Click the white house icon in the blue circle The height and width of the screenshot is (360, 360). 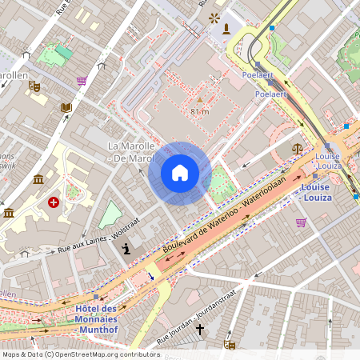click(180, 173)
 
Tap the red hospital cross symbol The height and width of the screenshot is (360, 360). click(54, 203)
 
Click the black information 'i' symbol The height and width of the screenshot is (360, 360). click(126, 250)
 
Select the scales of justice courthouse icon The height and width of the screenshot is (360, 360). click(298, 148)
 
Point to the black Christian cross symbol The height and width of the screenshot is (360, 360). click(200, 328)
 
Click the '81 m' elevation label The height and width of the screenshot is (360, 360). click(199, 112)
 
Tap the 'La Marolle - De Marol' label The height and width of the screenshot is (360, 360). click(130, 152)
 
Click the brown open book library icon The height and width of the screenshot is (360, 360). click(66, 107)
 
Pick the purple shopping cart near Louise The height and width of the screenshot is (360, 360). click(301, 222)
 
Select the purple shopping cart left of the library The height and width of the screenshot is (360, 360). click(82, 81)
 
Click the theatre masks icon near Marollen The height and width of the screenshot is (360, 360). click(34, 85)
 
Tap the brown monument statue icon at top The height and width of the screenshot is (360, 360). click(227, 30)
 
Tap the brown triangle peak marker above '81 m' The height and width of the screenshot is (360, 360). click(199, 100)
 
